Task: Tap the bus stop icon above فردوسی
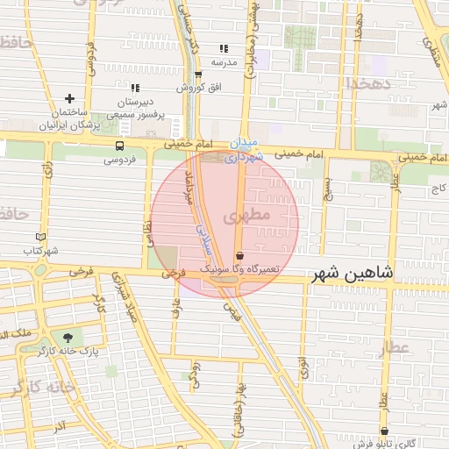(118, 146)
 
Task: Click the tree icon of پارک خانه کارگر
(67, 337)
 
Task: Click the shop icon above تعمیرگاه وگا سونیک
(239, 255)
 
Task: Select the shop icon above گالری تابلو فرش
(383, 431)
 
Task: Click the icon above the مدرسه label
(223, 48)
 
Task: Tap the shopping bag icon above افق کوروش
(198, 75)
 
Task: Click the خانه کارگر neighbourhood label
(39, 387)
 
